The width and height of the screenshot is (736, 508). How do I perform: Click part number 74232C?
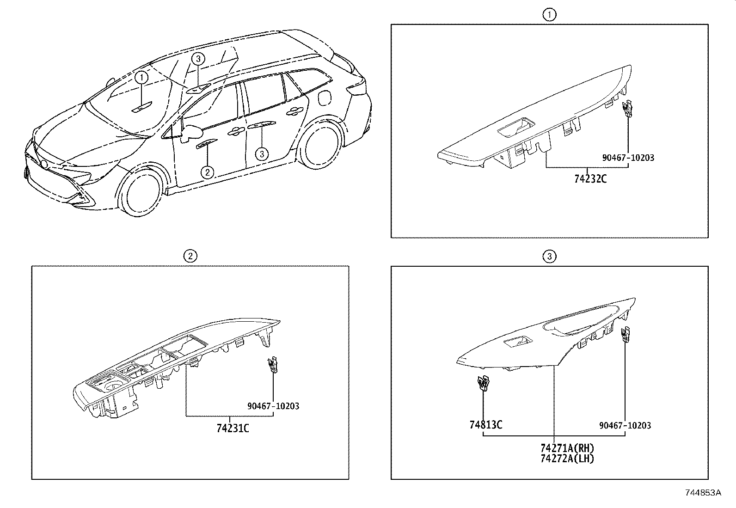pos(590,178)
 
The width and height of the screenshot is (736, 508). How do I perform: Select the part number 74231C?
pos(233,428)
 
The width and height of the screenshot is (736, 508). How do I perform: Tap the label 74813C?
pos(485,424)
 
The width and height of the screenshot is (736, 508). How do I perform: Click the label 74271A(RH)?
pos(567,448)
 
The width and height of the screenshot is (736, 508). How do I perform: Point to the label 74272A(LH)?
pos(567,459)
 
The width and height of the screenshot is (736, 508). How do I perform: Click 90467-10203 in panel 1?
pos(628,158)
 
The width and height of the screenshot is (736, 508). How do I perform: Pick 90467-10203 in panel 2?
pos(273,406)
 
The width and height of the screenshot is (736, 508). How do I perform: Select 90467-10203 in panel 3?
pos(625,425)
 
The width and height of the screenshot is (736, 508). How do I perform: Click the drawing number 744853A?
pos(703,493)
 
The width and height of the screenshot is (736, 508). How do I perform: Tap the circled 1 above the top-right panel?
pos(549,15)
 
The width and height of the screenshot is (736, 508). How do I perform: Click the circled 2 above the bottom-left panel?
pos(190,256)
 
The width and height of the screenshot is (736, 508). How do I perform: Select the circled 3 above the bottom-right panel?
pos(549,256)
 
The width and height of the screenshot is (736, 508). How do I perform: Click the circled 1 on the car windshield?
pos(142,77)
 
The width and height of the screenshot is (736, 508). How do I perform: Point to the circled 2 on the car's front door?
pos(207,172)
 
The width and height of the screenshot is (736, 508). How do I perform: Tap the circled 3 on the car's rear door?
pos(262,153)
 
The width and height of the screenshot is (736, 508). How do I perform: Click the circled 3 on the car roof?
pos(198,59)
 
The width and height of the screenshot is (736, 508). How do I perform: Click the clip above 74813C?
pos(483,383)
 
